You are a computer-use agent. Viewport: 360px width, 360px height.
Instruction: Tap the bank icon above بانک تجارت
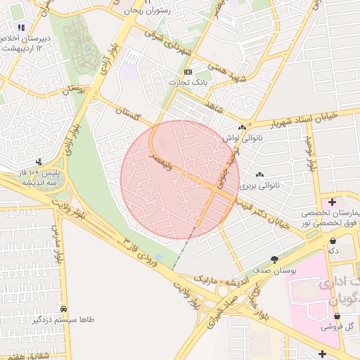(x=188, y=72)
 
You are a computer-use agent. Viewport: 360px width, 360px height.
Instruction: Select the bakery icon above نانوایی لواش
(x=242, y=127)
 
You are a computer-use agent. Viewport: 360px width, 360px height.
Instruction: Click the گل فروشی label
(x=337, y=326)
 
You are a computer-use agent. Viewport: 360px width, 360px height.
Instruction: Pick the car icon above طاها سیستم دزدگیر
(x=64, y=309)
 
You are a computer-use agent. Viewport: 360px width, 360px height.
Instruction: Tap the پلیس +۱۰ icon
(x=39, y=162)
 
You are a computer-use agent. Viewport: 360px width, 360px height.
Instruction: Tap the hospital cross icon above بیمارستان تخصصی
(x=332, y=202)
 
